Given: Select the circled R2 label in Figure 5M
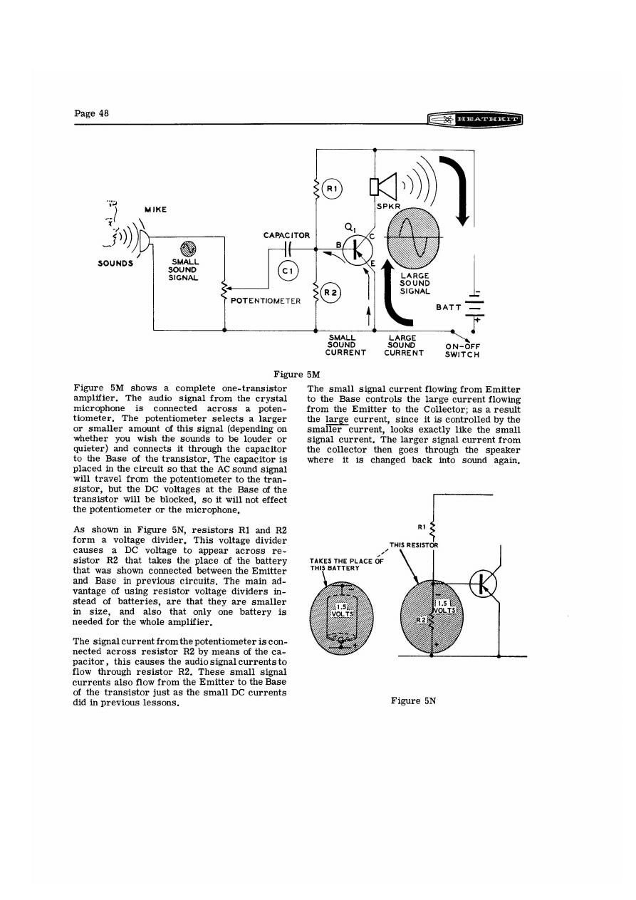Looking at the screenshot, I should (331, 291).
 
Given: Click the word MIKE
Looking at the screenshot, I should (156, 209).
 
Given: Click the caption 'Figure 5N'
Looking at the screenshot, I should (413, 700).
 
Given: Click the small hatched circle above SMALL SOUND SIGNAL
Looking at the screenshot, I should (188, 248).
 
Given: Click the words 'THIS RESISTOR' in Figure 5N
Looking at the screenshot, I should (413, 546).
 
